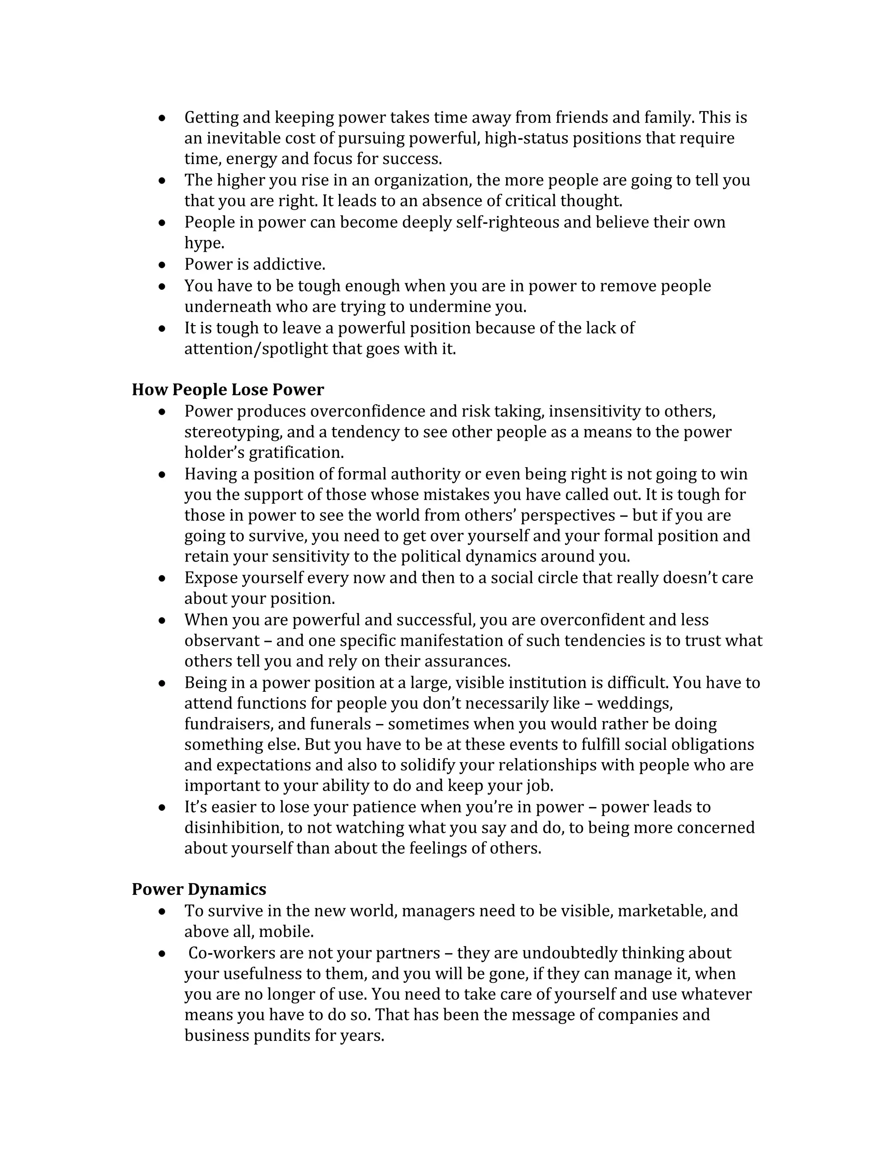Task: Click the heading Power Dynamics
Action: tap(199, 889)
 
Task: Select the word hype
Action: tap(204, 243)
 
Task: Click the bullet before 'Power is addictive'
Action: tap(162, 264)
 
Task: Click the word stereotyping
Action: tap(233, 432)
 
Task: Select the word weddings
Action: tap(634, 704)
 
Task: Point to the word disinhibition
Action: tap(234, 828)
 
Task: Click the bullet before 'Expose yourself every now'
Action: tap(162, 578)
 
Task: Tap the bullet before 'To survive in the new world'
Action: tap(162, 912)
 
